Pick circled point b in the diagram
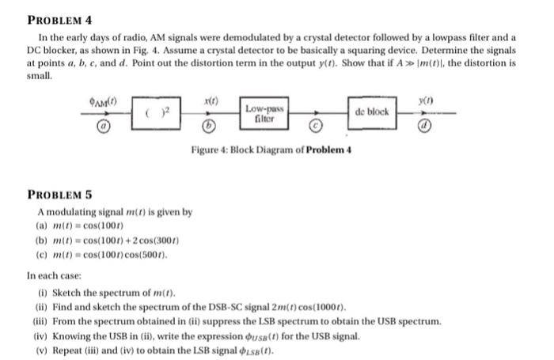[x=209, y=125]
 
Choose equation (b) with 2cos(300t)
[x=100, y=240]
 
